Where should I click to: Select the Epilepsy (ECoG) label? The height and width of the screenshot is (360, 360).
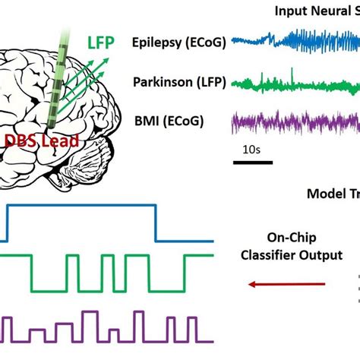coord(178,43)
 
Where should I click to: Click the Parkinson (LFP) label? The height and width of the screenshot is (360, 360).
coord(179,81)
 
